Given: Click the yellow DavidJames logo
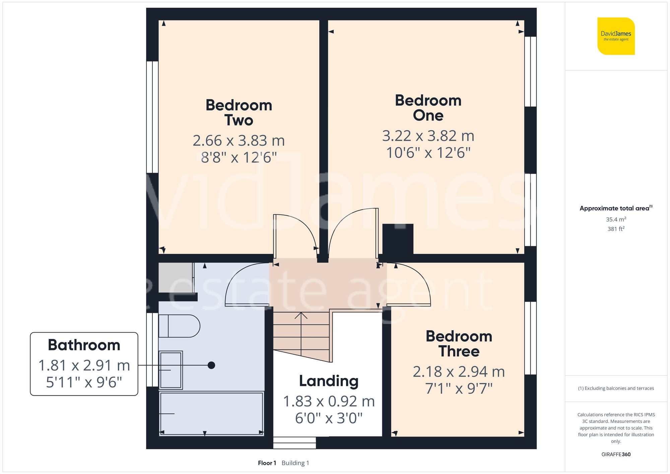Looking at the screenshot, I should tap(616, 36).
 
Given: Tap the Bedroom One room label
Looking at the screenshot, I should tap(428, 108).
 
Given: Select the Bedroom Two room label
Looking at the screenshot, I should tap(239, 113).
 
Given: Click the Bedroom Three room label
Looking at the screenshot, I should tap(459, 344).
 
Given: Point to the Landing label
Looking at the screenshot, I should tap(329, 381).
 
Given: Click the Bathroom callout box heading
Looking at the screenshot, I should tap(84, 345).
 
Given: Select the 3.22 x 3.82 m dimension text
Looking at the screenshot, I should tap(428, 136).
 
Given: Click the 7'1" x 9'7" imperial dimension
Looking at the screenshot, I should tap(459, 389).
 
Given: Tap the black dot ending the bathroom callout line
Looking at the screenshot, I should tap(211, 365).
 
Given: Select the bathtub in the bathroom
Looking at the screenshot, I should tap(211, 414).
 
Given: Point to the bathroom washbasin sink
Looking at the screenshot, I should tap(171, 370).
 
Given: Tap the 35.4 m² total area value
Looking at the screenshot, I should tap(616, 219).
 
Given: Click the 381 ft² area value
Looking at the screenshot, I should tap(616, 229).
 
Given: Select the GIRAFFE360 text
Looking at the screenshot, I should tap(616, 455).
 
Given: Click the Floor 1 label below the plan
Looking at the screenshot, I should tap(267, 463).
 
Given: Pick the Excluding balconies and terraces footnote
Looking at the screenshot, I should tap(616, 388).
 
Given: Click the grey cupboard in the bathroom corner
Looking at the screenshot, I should tap(175, 277).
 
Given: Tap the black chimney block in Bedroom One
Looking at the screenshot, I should tap(398, 239).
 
